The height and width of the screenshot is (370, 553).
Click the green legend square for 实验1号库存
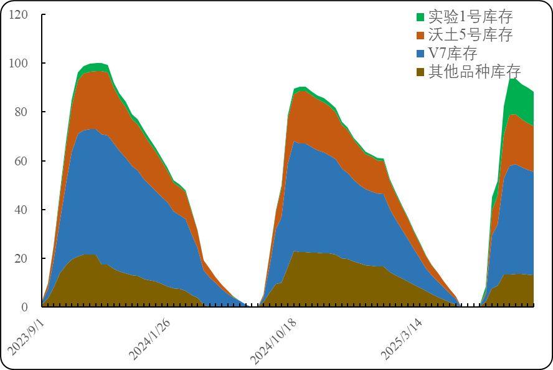pyautogui.click(x=420, y=17)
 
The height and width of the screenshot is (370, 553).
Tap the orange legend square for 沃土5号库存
pyautogui.click(x=420, y=35)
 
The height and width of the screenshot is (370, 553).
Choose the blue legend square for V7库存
pyautogui.click(x=420, y=53)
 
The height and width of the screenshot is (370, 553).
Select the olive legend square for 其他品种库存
pyautogui.click(x=420, y=72)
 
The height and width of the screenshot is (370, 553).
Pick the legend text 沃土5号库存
pyautogui.click(x=471, y=35)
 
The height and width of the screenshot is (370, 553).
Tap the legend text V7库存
pyautogui.click(x=453, y=53)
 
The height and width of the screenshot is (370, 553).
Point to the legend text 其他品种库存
pyautogui.click(x=475, y=72)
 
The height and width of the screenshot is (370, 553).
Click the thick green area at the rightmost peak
pyautogui.click(x=521, y=100)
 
